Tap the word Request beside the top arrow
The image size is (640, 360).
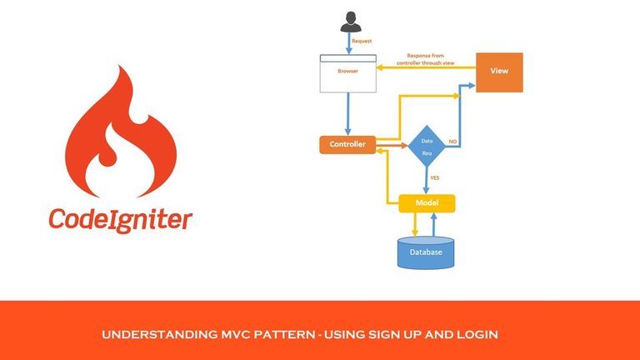coord(362,41)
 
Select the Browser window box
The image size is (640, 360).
coord(347,72)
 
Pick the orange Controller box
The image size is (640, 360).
coord(347,144)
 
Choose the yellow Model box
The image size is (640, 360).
coord(427,202)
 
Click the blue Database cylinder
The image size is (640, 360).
coord(426,251)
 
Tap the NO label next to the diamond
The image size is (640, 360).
coord(452,142)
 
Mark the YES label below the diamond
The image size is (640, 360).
coord(434,178)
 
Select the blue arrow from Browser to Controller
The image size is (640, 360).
coord(347,113)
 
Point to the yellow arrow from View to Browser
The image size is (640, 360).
coord(425,67)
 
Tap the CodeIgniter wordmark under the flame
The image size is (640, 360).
coord(120,220)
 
